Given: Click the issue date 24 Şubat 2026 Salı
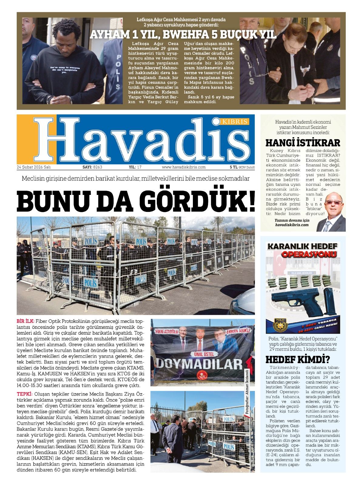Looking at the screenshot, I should pos(34,167).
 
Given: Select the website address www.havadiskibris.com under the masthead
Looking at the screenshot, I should pos(183,167).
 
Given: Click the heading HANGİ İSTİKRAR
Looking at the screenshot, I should pos(303,142).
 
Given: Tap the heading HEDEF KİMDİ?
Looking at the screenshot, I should pos(298,360).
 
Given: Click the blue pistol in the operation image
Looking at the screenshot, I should pos(294,302).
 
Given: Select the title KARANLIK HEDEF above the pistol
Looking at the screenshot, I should pos(297,246).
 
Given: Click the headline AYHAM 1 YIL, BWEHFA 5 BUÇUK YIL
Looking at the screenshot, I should pos(183,35).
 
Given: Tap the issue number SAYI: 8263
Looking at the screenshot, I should pos(92,167).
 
